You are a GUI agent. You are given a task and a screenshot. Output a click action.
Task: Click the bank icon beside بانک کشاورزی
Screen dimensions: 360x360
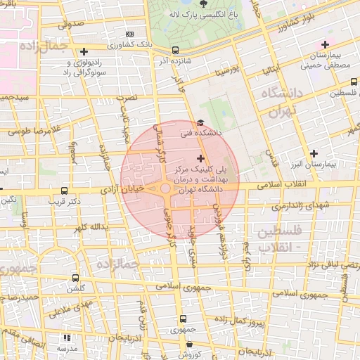tap(129, 34)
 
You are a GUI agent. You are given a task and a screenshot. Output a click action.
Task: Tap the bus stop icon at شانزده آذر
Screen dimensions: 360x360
tap(175, 50)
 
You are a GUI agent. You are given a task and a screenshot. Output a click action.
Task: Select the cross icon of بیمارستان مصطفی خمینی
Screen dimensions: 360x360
tap(324, 44)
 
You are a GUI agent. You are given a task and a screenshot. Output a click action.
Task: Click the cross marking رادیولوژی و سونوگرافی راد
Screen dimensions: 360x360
tap(84, 51)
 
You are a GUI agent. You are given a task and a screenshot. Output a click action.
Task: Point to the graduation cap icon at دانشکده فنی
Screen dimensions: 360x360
tap(201, 122)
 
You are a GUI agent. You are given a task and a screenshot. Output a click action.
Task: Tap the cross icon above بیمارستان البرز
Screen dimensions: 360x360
tap(314, 153)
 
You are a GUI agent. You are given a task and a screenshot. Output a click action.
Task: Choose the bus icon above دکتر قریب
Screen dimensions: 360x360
tap(65, 191)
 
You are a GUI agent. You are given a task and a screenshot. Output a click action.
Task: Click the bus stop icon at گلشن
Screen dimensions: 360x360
tap(75, 278)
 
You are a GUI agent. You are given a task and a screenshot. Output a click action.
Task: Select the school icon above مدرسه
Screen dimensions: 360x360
tap(67, 337)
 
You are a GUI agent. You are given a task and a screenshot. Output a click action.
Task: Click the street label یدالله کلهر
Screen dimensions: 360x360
tap(89, 227)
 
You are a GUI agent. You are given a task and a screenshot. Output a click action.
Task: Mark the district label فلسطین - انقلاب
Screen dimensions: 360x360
tap(280, 239)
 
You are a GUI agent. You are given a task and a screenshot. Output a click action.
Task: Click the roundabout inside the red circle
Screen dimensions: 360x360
tap(166, 188)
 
